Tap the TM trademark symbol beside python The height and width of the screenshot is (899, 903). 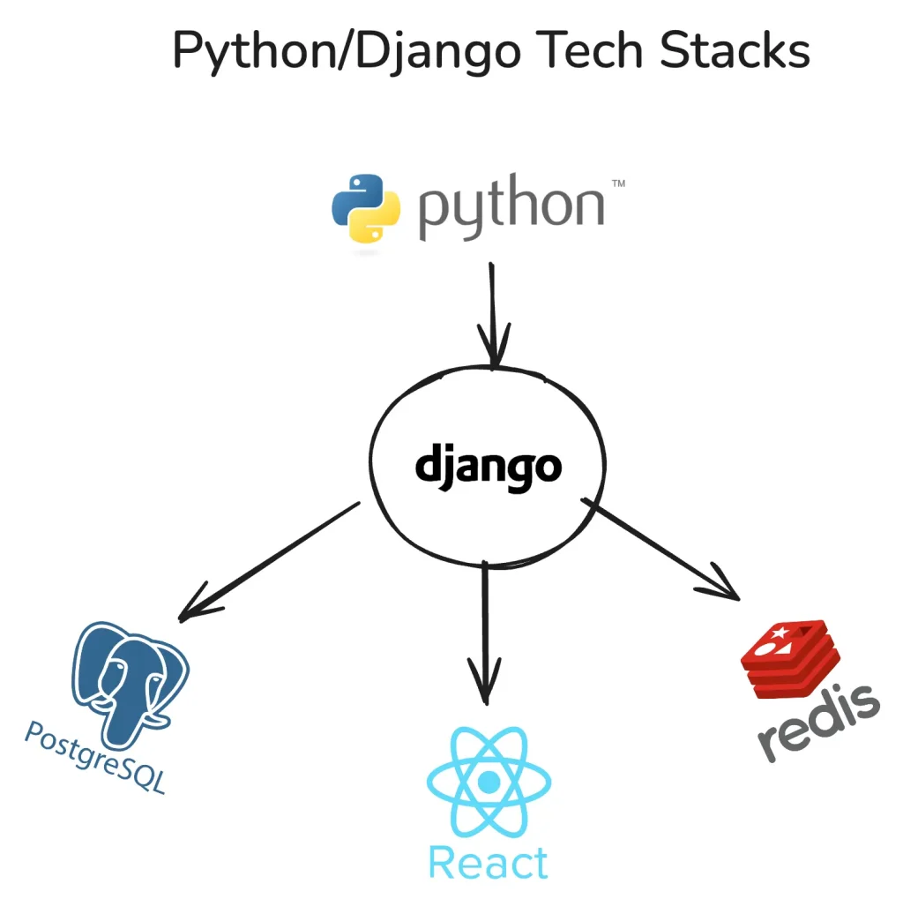tap(618, 184)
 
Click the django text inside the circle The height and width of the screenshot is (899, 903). tap(488, 466)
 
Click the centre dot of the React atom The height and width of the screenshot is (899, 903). tap(488, 782)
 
